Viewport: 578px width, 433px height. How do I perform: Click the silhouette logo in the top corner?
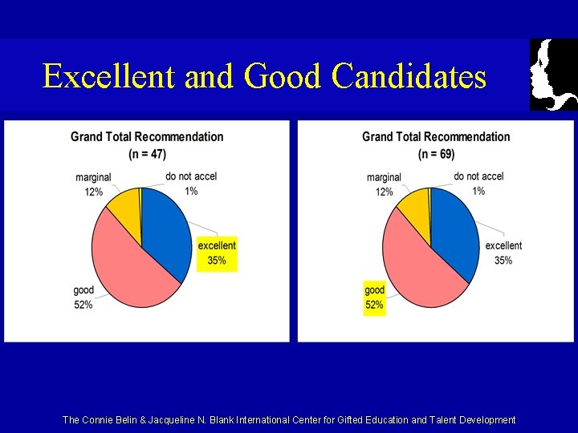click(554, 75)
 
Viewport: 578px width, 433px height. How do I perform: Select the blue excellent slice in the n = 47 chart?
click(165, 229)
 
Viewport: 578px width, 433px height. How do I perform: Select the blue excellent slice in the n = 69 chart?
click(454, 229)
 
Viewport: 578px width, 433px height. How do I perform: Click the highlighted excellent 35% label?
click(217, 253)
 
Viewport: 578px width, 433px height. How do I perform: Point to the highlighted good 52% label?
click(374, 297)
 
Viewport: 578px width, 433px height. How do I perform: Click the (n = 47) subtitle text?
click(147, 153)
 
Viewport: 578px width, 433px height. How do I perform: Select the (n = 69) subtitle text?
click(436, 153)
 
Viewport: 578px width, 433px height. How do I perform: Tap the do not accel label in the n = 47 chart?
click(191, 176)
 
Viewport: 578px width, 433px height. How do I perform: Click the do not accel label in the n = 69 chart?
click(478, 176)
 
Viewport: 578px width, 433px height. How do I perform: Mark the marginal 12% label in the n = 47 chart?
click(94, 184)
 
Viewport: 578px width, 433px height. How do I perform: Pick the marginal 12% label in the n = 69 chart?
click(384, 184)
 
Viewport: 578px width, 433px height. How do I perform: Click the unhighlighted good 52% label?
click(83, 297)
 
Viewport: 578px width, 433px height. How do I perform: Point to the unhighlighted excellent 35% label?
click(503, 253)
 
